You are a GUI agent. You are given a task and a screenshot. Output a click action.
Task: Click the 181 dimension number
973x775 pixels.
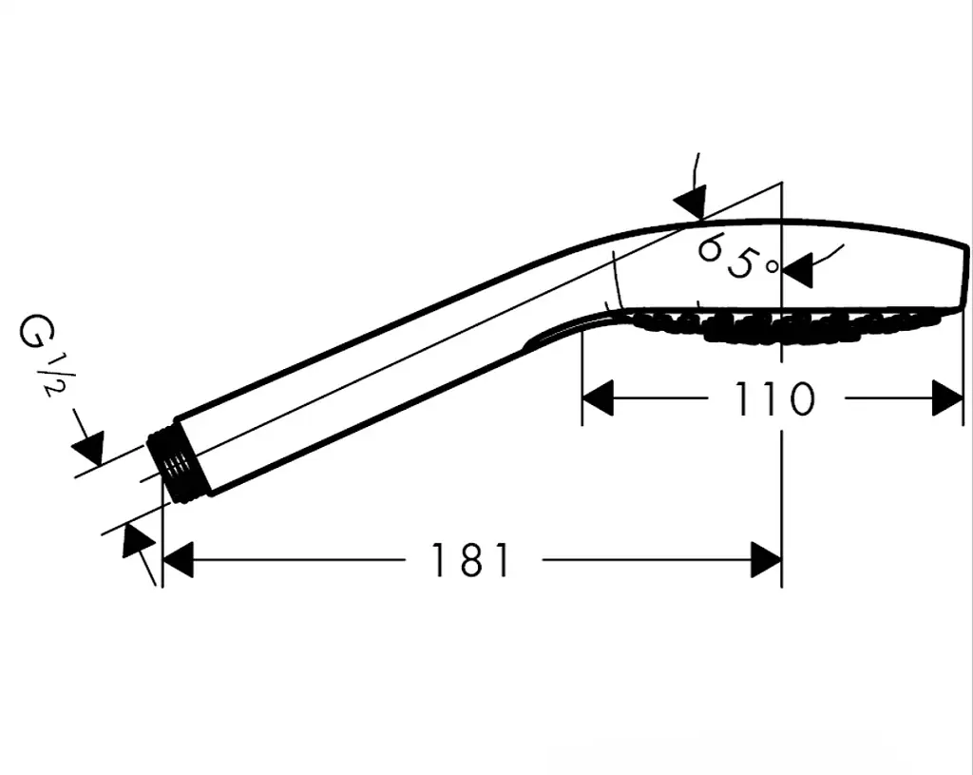point(470,560)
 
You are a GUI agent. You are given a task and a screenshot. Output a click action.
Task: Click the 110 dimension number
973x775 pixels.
point(773,398)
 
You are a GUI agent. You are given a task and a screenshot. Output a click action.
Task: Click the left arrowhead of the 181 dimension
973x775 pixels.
point(178,560)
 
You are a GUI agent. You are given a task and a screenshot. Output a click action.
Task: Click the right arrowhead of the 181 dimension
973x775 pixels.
point(766,560)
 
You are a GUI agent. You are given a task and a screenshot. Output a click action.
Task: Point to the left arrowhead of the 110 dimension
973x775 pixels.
point(598,398)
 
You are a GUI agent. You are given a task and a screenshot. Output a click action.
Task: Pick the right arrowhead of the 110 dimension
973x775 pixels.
point(947,398)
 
